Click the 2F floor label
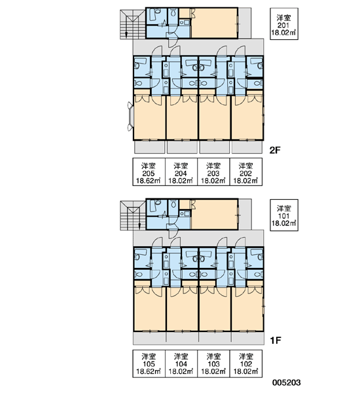click(275, 150)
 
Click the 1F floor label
click(275, 341)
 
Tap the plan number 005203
click(286, 383)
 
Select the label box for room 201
click(284, 24)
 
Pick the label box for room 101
click(284, 215)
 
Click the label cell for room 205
click(149, 172)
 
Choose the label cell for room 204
click(181, 172)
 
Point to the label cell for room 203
click(213, 172)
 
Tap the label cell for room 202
click(246, 172)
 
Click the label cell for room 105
click(149, 364)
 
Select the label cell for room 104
click(181, 364)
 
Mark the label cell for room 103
click(213, 364)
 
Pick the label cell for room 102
click(246, 364)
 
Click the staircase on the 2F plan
click(133, 24)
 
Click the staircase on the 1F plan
click(133, 215)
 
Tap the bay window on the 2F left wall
click(130, 117)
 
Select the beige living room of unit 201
click(214, 23)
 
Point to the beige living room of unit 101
click(214, 214)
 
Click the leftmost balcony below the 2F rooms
click(150, 147)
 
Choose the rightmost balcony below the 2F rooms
click(247, 147)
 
